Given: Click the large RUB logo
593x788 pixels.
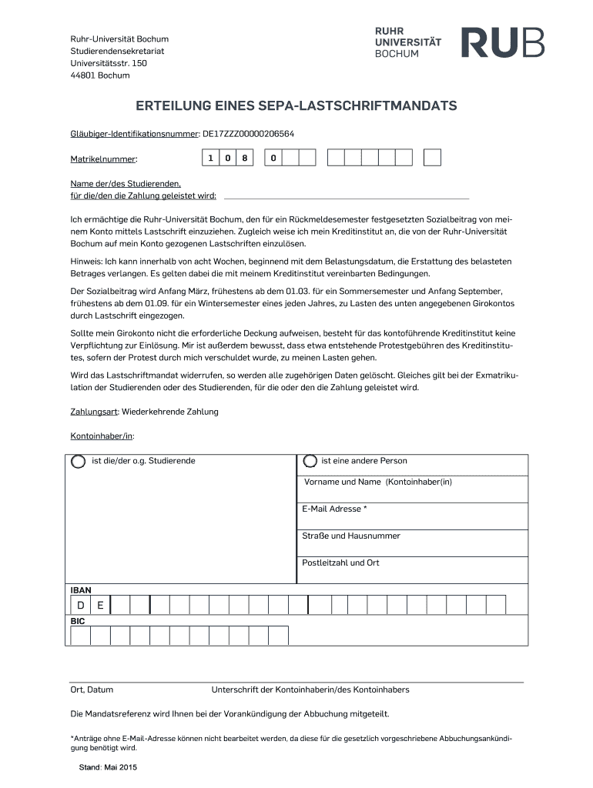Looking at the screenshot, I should point(502,42).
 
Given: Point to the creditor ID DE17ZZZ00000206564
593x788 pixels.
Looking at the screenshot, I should point(248,134).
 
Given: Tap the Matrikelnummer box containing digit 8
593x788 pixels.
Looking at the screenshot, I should point(245,159).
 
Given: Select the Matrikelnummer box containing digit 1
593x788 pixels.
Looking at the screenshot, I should point(209,159).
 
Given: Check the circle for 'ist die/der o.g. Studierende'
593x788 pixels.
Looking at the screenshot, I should point(79,462).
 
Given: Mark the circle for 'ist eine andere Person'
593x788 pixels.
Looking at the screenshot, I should point(310,462).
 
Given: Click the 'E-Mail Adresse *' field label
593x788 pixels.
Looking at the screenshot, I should point(334,509).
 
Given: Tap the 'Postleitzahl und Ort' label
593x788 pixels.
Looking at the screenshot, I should point(340,563).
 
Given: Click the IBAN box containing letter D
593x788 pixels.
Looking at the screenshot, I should point(80,605).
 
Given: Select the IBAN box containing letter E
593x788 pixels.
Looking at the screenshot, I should point(100,605).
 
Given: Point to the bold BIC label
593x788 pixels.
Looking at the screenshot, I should point(78,621).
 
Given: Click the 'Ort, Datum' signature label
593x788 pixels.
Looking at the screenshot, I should point(92,689).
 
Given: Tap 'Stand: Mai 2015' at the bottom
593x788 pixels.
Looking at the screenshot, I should point(108,768).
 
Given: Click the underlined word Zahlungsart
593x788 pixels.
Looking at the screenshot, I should point(94,412).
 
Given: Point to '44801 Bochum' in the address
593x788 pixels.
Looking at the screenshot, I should point(100,75).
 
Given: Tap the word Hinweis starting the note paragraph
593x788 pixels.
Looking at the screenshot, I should point(85,262).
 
